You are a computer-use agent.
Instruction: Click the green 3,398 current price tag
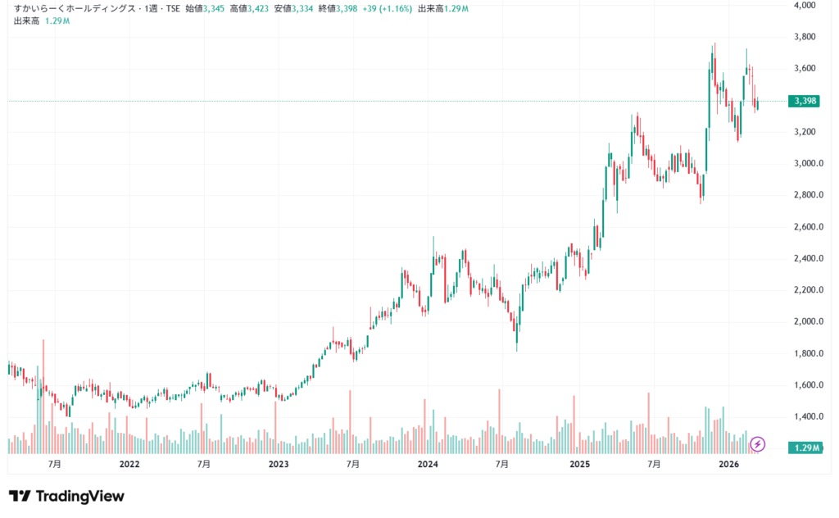click(803, 101)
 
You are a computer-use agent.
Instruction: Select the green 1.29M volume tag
click(803, 448)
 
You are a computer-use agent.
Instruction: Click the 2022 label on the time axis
click(129, 465)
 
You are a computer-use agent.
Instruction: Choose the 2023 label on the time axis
click(279, 465)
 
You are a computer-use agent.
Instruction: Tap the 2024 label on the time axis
click(428, 465)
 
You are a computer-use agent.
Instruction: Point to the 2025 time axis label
click(579, 465)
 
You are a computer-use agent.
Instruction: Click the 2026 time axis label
click(728, 465)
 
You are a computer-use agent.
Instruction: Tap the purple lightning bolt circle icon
click(758, 444)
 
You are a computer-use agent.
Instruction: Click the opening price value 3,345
click(214, 8)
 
